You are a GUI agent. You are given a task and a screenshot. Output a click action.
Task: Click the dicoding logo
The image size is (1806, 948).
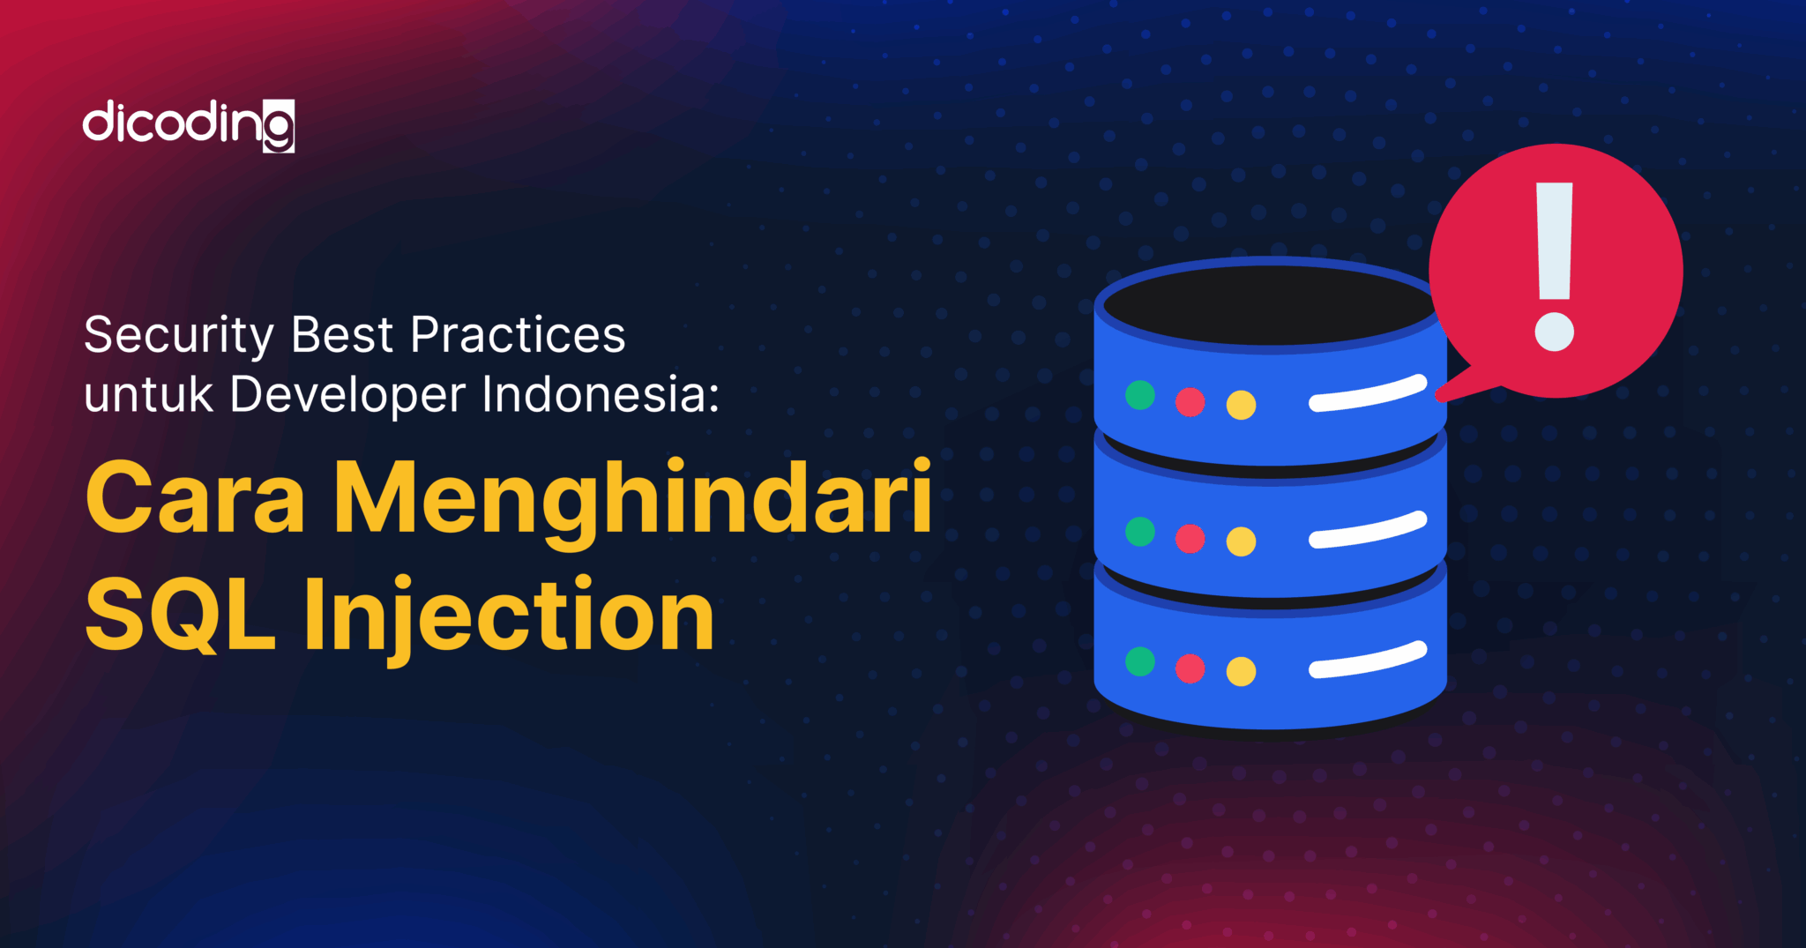tap(188, 126)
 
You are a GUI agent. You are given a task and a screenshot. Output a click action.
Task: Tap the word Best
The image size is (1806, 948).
tap(342, 336)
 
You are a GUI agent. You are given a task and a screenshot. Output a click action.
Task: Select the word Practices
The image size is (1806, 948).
tap(518, 336)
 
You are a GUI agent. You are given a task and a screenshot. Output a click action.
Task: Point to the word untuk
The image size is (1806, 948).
tap(148, 395)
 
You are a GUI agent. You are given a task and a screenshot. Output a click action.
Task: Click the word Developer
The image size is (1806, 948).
tap(347, 395)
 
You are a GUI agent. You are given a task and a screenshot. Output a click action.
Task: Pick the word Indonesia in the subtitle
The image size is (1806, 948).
tap(594, 395)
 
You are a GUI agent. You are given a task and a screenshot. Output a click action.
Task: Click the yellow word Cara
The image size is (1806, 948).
tap(195, 499)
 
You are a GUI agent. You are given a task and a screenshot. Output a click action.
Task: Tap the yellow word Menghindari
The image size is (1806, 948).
tap(632, 499)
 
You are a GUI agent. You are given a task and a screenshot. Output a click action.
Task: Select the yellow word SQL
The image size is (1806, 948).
tap(181, 615)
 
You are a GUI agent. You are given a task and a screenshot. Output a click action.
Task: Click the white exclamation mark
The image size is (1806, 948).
tap(1554, 265)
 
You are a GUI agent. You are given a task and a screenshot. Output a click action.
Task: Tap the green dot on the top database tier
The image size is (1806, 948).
tap(1140, 395)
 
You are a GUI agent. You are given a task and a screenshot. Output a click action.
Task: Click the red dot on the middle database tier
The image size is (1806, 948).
tap(1190, 538)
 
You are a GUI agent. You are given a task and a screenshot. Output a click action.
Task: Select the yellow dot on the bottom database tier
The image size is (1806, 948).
tap(1241, 672)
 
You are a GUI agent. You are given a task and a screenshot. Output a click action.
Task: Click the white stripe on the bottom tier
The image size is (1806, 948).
tap(1368, 661)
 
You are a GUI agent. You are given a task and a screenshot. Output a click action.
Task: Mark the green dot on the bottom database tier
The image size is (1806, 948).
tap(1140, 661)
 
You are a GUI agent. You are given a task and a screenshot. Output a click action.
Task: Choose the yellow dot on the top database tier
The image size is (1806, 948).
tap(1241, 406)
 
